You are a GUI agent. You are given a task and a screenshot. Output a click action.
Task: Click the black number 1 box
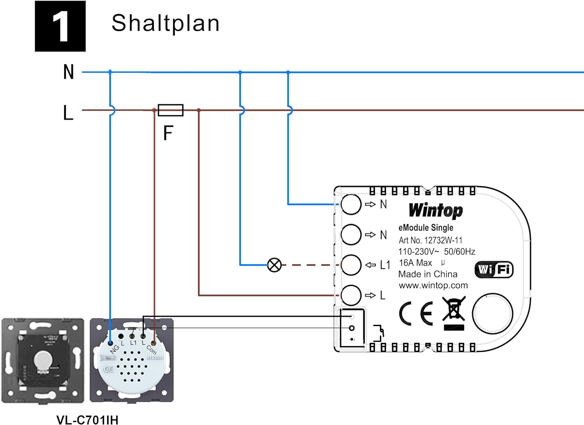pos(60,26)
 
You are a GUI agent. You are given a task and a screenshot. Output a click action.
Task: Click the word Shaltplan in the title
pos(165,23)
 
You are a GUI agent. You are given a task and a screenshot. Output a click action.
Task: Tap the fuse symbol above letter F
pos(171,110)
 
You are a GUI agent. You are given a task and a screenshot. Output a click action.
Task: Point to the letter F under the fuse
pos(168,133)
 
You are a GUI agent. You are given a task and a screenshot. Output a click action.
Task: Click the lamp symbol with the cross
pos(274,265)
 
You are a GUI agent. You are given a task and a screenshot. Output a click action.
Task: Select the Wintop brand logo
pos(436,210)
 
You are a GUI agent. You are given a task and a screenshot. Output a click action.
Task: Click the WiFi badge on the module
pos(494,270)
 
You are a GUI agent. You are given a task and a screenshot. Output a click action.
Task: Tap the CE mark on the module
pos(416,313)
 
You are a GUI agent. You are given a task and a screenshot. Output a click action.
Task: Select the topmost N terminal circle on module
pos(351,204)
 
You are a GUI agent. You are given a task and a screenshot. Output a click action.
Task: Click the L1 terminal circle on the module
pos(351,265)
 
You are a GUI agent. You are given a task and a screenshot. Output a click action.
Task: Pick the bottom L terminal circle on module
pos(351,295)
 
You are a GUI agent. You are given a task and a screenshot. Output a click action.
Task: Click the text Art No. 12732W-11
pos(430,240)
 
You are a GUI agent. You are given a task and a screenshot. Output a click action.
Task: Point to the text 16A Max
pos(415,263)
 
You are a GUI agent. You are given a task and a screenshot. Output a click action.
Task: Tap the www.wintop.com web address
pos(433,286)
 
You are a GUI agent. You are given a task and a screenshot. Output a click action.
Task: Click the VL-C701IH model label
pos(87,420)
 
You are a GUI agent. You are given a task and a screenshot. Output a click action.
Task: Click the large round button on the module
pos(493,313)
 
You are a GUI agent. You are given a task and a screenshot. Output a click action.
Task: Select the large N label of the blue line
pos(69,72)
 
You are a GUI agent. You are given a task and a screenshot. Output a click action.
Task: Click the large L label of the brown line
pos(68,113)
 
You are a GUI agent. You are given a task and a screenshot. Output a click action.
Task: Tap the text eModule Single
pos(426,227)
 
